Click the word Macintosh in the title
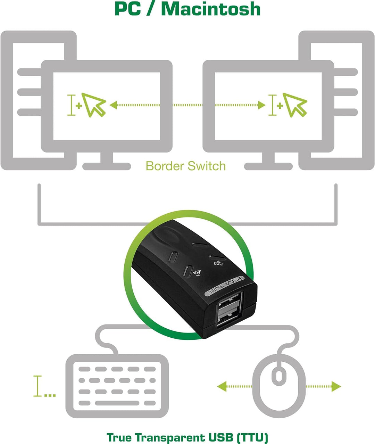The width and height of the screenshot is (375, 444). [211, 9]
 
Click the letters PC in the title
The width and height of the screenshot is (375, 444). [127, 9]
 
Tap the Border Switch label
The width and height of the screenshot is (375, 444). [185, 166]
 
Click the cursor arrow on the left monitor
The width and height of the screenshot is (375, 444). [93, 104]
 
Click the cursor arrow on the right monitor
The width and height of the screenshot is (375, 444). [294, 104]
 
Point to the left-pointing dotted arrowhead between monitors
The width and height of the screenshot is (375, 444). [113, 105]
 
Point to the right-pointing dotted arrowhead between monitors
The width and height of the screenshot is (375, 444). [262, 105]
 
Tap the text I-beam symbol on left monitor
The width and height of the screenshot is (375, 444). [72, 105]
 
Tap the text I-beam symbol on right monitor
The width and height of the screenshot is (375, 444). [273, 105]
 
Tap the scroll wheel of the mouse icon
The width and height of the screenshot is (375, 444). [279, 376]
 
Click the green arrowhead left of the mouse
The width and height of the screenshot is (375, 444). [222, 386]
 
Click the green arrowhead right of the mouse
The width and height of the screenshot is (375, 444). [336, 386]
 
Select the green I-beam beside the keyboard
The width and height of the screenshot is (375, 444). [37, 386]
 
